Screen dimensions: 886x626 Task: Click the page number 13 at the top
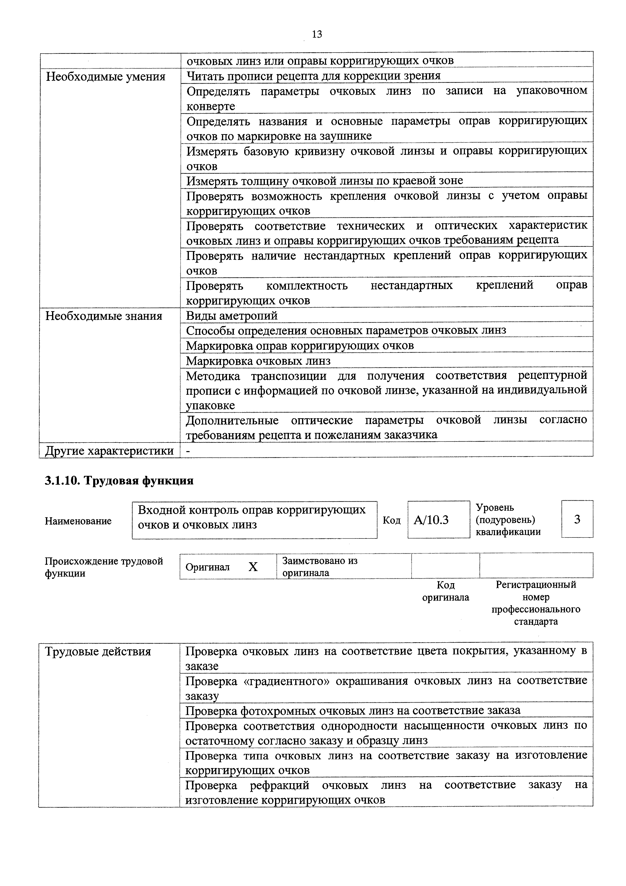point(317,34)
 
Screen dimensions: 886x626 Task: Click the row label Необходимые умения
point(106,77)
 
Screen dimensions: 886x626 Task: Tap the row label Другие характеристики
point(109,451)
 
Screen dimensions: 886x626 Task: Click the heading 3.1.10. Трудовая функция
point(119,481)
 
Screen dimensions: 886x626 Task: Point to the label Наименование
point(78,521)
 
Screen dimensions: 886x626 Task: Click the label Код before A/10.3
point(391,520)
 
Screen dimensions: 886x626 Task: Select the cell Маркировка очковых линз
point(258,361)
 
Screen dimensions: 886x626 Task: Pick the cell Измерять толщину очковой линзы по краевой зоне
point(325,181)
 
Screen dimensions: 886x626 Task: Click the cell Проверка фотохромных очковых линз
point(353,710)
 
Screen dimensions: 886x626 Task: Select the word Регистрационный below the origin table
point(536,585)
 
